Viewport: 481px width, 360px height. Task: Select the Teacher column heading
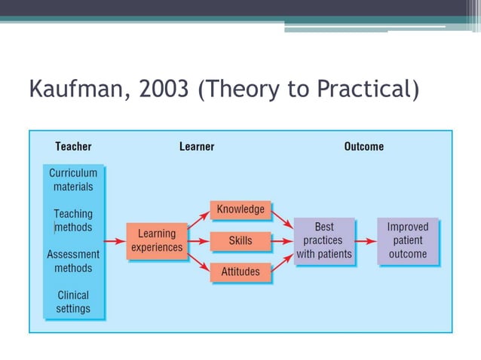click(73, 146)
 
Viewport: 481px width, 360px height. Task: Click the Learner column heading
click(197, 146)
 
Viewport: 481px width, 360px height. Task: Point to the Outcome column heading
click(363, 146)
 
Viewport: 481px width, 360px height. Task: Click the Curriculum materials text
click(73, 179)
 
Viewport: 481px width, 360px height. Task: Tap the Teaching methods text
click(73, 221)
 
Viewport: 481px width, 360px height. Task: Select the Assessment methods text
click(73, 261)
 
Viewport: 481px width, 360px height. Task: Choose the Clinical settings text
click(73, 302)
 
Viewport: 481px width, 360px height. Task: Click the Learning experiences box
click(157, 241)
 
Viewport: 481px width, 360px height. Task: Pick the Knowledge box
click(240, 209)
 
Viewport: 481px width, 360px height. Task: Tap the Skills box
click(240, 241)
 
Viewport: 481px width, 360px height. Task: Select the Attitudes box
click(240, 272)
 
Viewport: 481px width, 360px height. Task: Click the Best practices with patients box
click(324, 241)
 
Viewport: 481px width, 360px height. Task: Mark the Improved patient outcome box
click(407, 241)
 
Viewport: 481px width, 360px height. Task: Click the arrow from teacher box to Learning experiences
click(115, 241)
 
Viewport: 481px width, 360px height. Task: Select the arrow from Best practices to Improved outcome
click(366, 241)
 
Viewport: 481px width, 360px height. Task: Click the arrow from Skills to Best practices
click(282, 241)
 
